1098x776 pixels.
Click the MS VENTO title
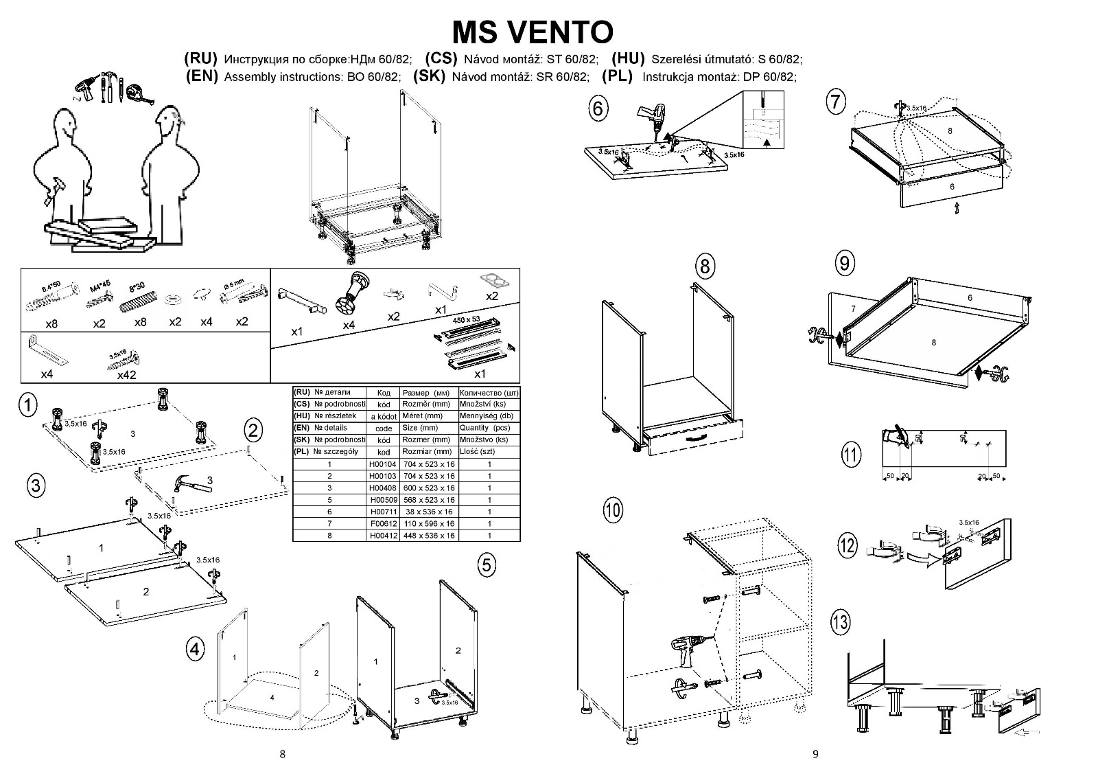point(533,32)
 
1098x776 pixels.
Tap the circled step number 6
point(598,109)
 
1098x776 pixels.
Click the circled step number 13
point(840,622)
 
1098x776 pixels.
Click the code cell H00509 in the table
point(383,500)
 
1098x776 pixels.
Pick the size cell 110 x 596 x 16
point(429,523)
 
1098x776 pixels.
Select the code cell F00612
point(383,523)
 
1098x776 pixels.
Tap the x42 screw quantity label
point(126,375)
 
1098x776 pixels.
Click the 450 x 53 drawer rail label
point(466,320)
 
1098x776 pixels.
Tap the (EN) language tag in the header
point(202,76)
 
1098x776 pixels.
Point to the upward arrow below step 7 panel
point(956,209)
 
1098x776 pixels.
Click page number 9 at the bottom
point(815,754)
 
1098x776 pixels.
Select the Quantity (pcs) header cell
point(489,428)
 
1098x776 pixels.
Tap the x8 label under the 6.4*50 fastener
point(51,323)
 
